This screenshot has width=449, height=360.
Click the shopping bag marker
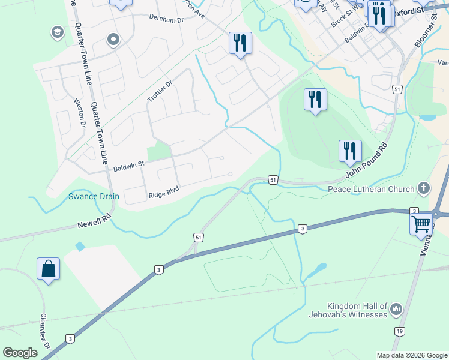point(48,268)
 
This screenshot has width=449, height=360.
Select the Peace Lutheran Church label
point(371,189)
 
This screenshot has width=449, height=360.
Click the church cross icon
point(424,188)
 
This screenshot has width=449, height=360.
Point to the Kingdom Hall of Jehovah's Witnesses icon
point(396,310)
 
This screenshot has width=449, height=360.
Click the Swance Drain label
point(93,196)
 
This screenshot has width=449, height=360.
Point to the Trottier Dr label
point(160,92)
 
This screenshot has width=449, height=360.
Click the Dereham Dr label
point(165,19)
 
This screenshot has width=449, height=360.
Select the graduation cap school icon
point(58,32)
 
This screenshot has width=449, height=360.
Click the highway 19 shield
point(399,331)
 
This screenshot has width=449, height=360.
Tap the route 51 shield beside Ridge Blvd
point(273,179)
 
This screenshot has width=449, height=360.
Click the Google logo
point(20,353)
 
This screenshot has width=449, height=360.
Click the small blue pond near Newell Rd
point(80,246)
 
